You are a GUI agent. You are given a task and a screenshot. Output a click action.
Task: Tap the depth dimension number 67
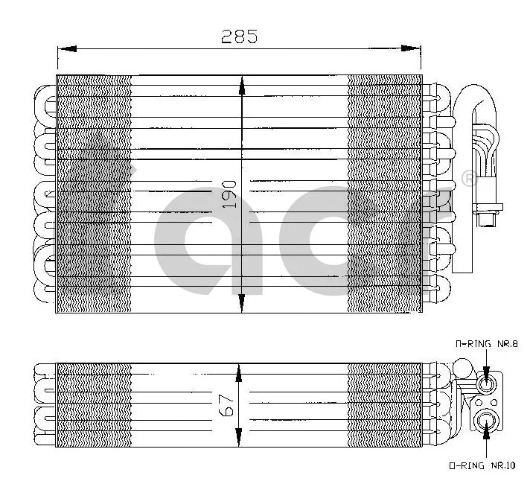(x=229, y=405)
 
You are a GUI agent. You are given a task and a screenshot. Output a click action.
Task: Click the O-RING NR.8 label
(x=485, y=344)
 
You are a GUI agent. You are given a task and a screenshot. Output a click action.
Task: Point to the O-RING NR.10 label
(x=482, y=467)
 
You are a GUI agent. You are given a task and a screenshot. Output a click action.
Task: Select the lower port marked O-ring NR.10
(x=486, y=418)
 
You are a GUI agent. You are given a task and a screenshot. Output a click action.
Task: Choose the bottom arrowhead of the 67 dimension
(x=238, y=439)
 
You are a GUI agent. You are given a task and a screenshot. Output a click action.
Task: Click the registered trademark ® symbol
(x=468, y=179)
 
